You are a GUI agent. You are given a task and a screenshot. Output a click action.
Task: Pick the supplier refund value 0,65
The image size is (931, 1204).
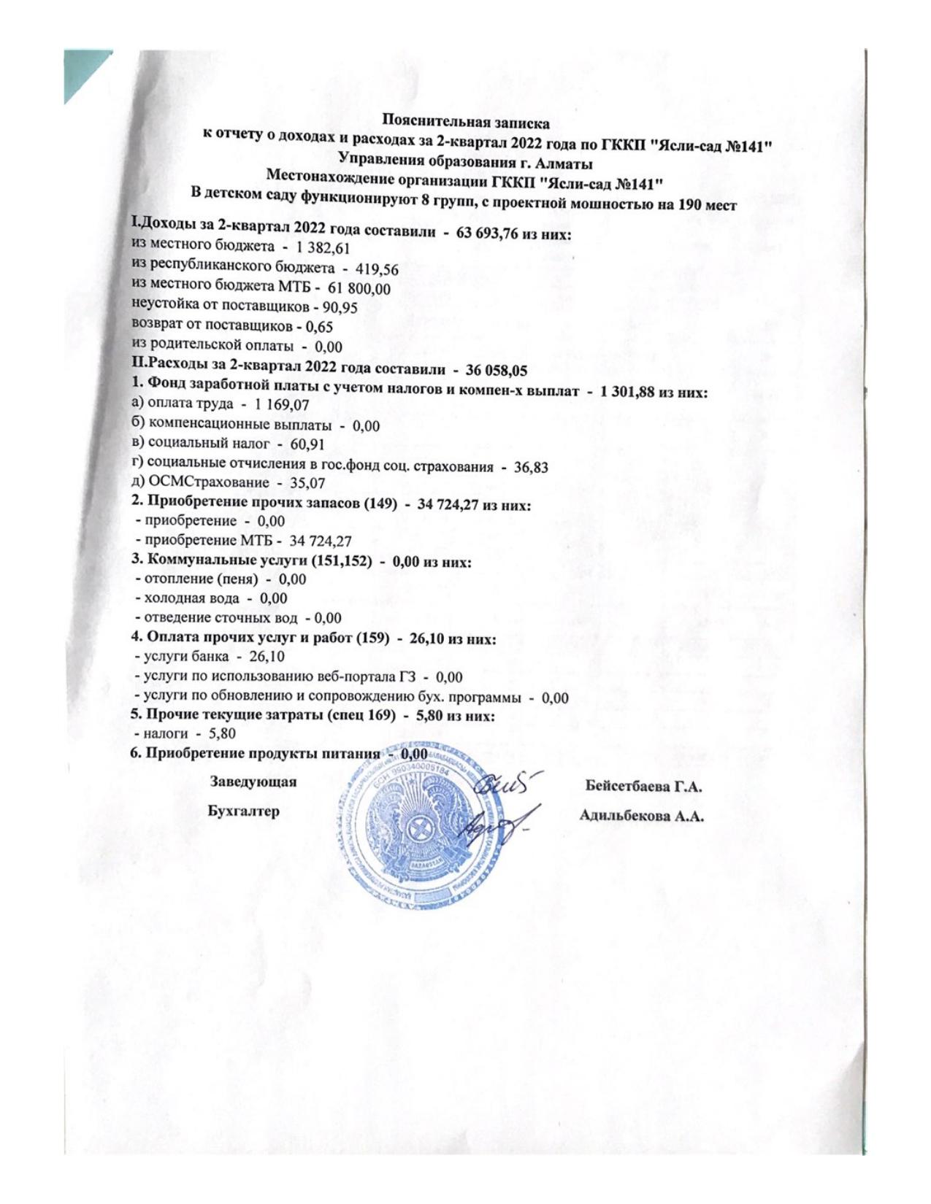click(x=319, y=327)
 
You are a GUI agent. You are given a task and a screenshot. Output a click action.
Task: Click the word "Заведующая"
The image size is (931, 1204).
click(x=253, y=782)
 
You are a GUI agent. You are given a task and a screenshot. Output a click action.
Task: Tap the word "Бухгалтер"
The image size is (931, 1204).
click(x=243, y=811)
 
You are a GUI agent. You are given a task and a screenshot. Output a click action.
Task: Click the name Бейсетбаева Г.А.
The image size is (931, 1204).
click(x=643, y=787)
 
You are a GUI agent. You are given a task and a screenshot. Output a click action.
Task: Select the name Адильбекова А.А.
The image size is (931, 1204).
click(x=641, y=817)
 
